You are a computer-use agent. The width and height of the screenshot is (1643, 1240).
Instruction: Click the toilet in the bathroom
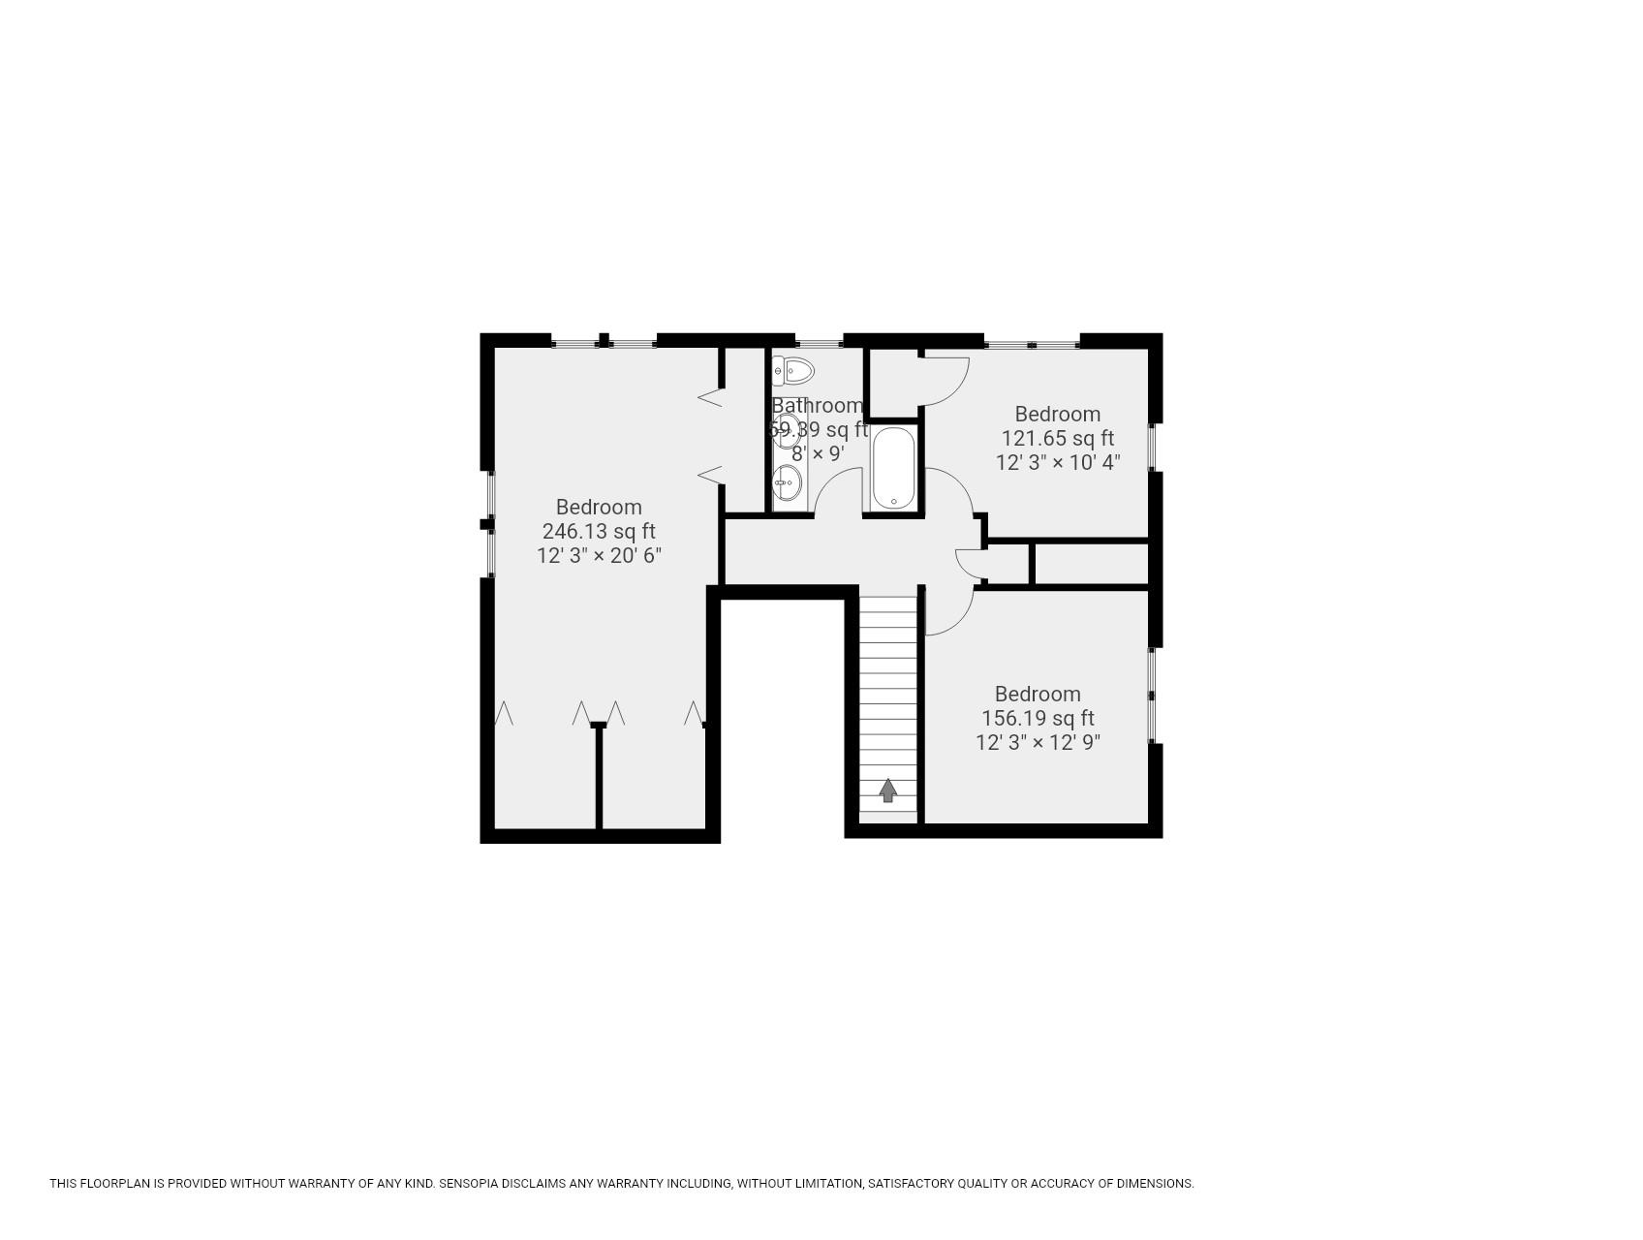797,370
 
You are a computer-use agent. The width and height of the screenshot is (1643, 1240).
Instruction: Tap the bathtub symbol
892,469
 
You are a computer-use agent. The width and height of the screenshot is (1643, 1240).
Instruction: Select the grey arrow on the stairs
887,790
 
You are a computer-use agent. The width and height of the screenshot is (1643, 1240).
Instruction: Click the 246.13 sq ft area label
598,531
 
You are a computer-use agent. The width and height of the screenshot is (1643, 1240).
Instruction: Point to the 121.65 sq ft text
1057,438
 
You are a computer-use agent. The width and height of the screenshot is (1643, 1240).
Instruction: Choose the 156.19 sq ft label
1037,718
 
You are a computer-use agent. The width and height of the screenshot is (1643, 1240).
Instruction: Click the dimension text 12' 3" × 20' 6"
598,555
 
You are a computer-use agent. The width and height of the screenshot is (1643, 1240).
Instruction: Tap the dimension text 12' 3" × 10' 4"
1057,462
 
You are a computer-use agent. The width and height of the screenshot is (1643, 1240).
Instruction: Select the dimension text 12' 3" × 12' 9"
1037,742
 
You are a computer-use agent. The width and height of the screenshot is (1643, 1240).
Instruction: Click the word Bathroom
817,405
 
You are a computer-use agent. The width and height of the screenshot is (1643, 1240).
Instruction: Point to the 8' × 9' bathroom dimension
817,453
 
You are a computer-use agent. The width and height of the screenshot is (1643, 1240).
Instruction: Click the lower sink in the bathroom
787,481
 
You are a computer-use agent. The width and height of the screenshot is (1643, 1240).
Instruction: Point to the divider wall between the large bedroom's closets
599,777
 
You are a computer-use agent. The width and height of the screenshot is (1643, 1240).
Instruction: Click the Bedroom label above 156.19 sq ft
1037,694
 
